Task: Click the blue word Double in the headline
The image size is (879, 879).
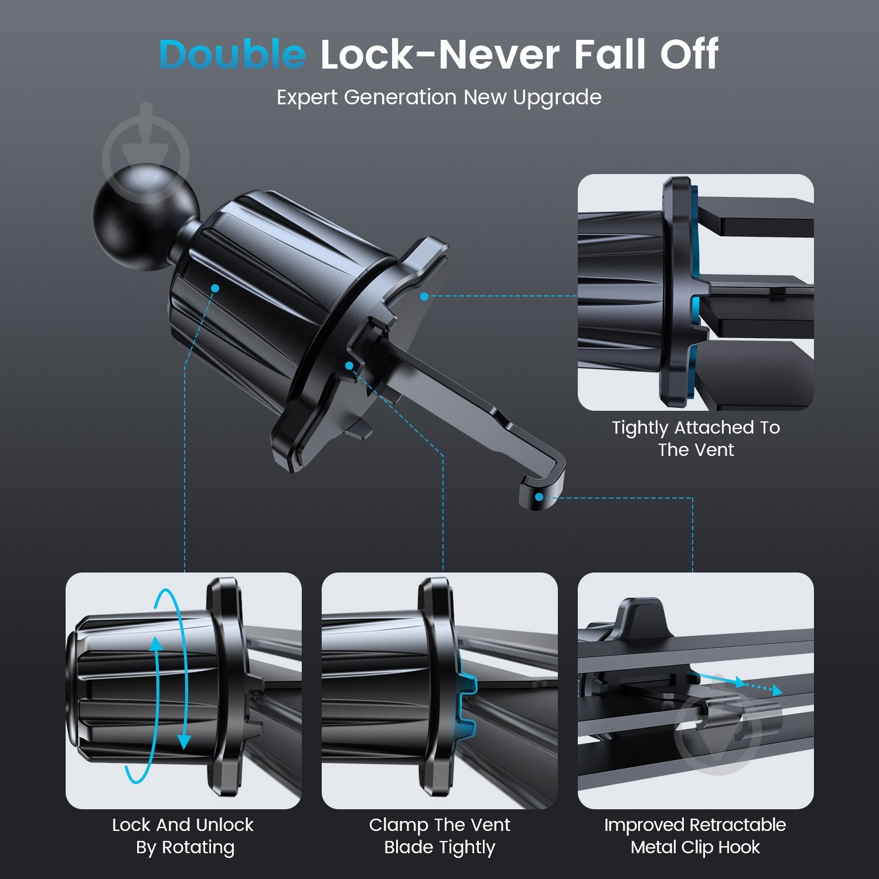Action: click(x=232, y=54)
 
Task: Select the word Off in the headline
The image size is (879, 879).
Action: click(x=689, y=54)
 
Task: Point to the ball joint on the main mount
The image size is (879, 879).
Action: click(x=145, y=218)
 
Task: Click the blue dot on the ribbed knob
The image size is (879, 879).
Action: click(x=215, y=288)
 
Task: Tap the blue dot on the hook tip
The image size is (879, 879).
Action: click(x=539, y=497)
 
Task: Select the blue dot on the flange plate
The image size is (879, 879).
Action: click(x=424, y=296)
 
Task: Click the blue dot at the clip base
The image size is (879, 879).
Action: click(x=349, y=366)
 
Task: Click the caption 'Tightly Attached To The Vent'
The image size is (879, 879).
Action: click(x=696, y=438)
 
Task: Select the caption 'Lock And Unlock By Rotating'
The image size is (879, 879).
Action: click(x=183, y=836)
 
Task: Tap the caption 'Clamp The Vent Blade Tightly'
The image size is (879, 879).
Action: click(x=439, y=836)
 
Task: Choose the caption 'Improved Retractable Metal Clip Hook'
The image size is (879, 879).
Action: click(x=695, y=836)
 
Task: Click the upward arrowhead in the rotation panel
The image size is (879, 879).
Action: click(x=156, y=643)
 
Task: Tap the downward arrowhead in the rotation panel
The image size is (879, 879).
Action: click(x=184, y=742)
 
